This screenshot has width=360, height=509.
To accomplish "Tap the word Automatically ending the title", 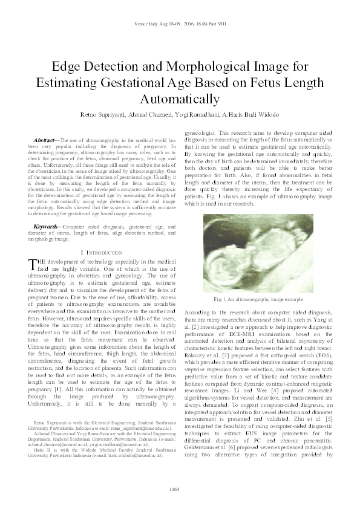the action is pos(180,98).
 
